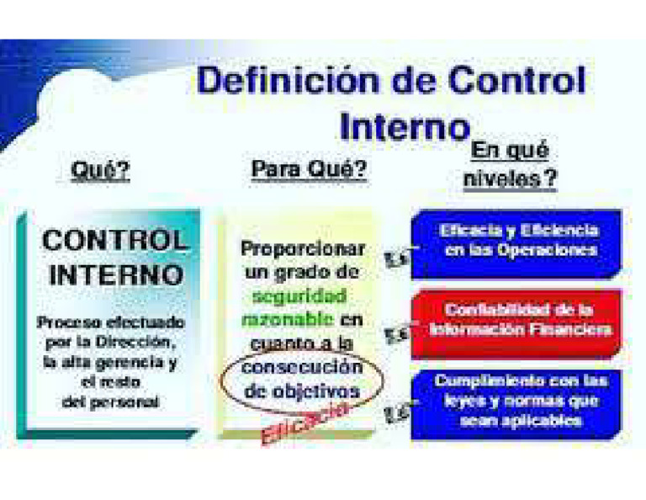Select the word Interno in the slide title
403,127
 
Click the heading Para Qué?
309,170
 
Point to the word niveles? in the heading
511,179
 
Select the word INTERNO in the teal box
115,275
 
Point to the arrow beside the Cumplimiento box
395,412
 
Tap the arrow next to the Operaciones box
395,259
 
